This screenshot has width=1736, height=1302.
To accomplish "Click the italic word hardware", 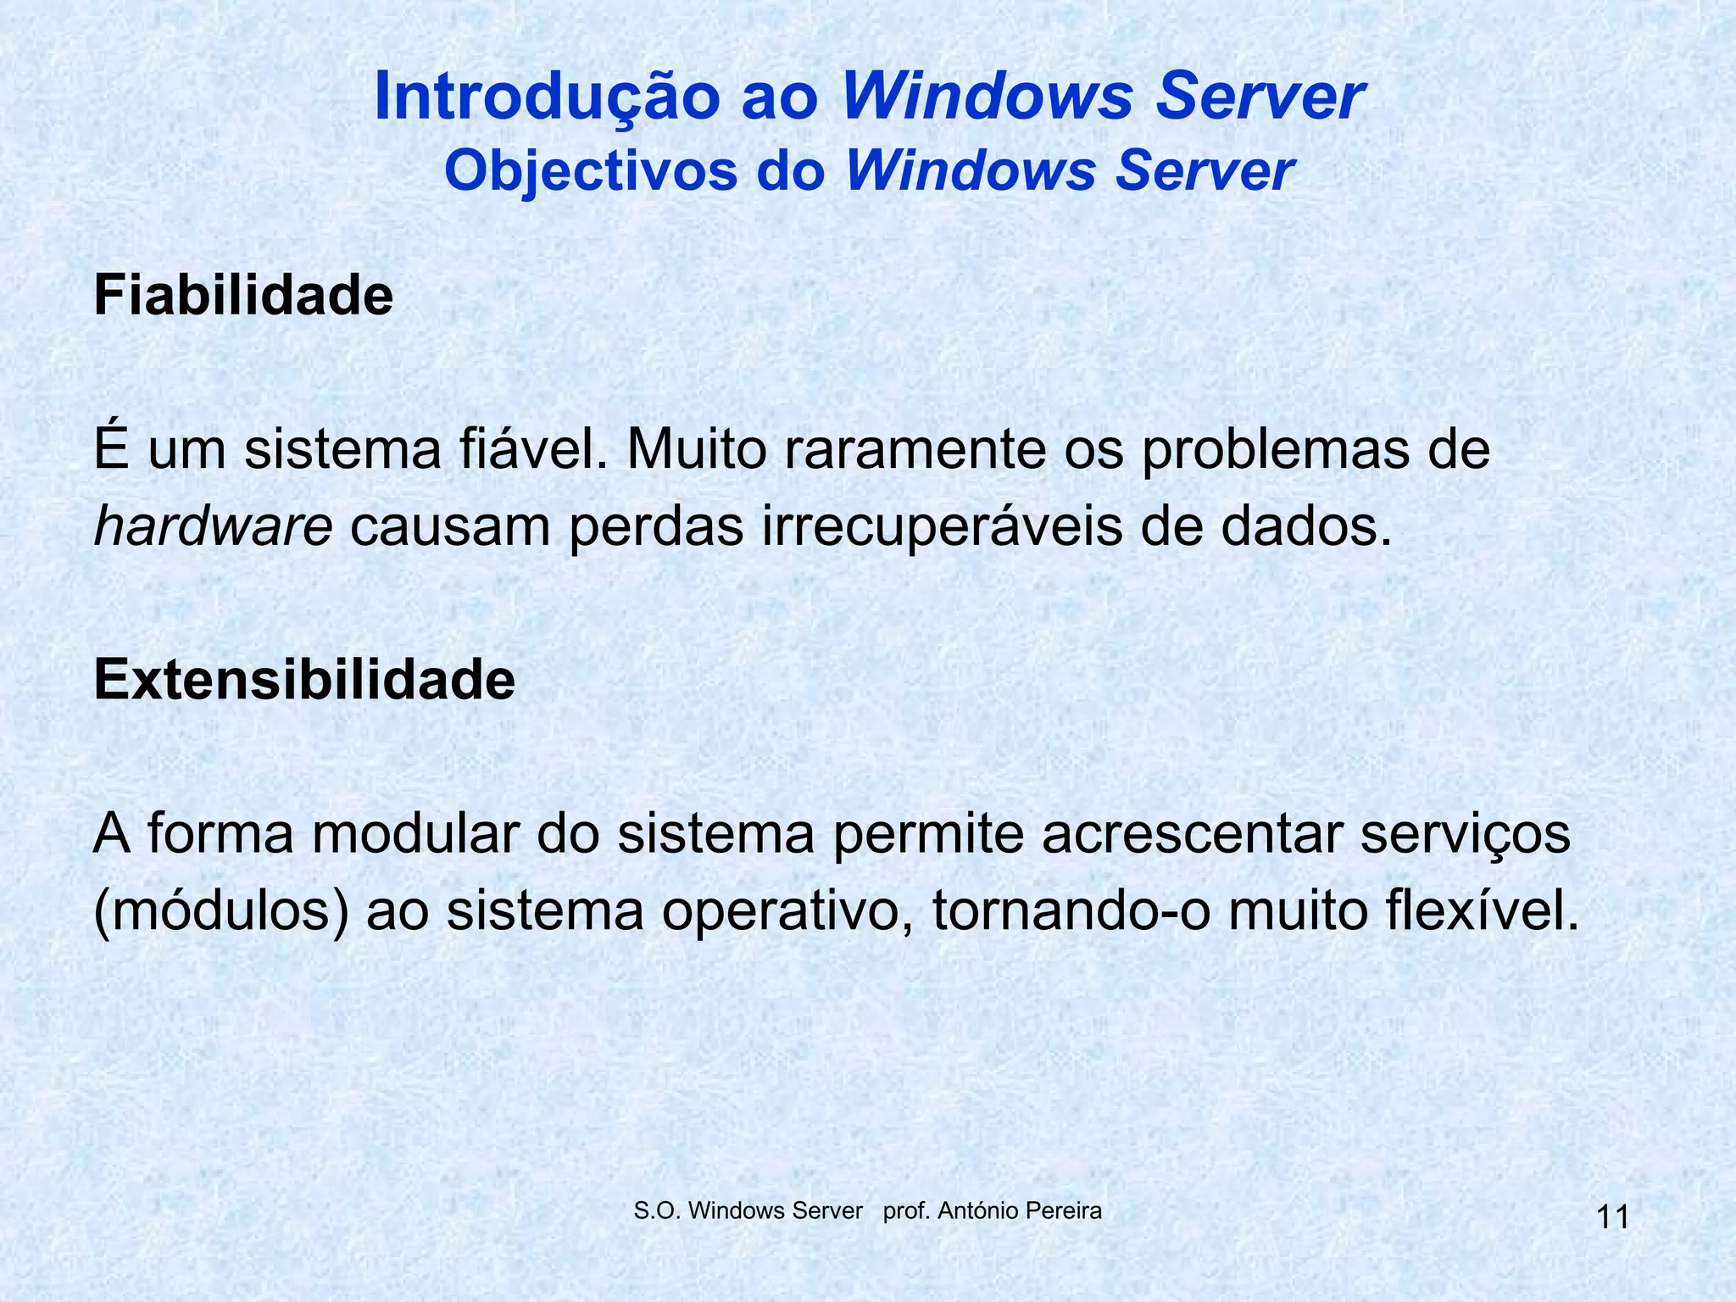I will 213,526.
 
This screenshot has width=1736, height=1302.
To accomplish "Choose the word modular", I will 415,833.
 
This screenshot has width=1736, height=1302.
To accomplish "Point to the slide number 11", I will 1612,1218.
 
